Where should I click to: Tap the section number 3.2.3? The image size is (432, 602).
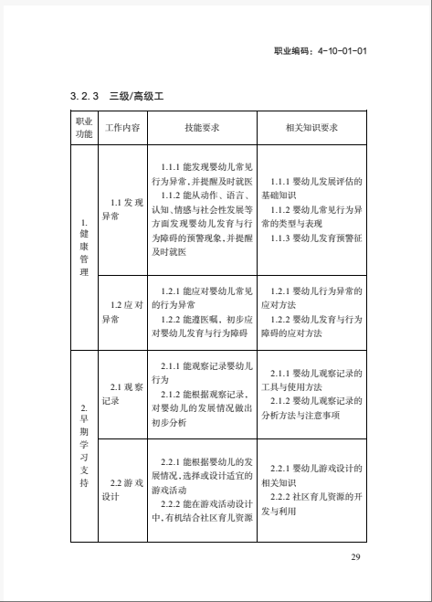click(84, 95)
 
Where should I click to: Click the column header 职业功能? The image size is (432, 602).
click(83, 127)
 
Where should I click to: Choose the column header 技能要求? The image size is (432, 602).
click(201, 127)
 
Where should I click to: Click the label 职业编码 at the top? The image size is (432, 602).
click(293, 52)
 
